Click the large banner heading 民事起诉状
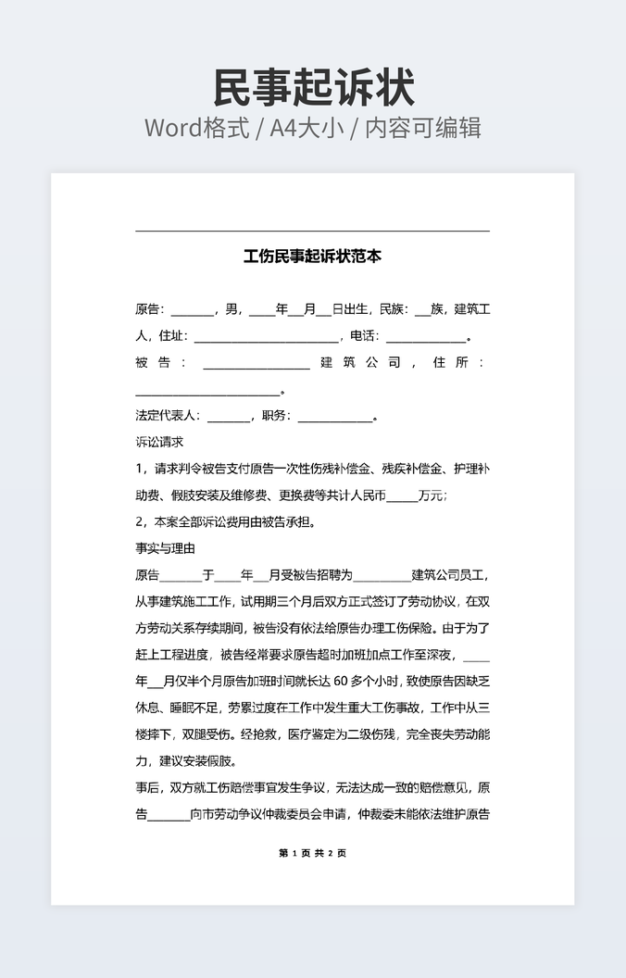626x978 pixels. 313,88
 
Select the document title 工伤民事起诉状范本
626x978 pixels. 313,257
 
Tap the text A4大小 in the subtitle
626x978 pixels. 301,128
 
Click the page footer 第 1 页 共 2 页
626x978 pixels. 312,853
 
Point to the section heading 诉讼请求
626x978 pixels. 159,442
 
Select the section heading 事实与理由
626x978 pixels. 165,548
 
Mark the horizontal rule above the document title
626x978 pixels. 312,231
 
